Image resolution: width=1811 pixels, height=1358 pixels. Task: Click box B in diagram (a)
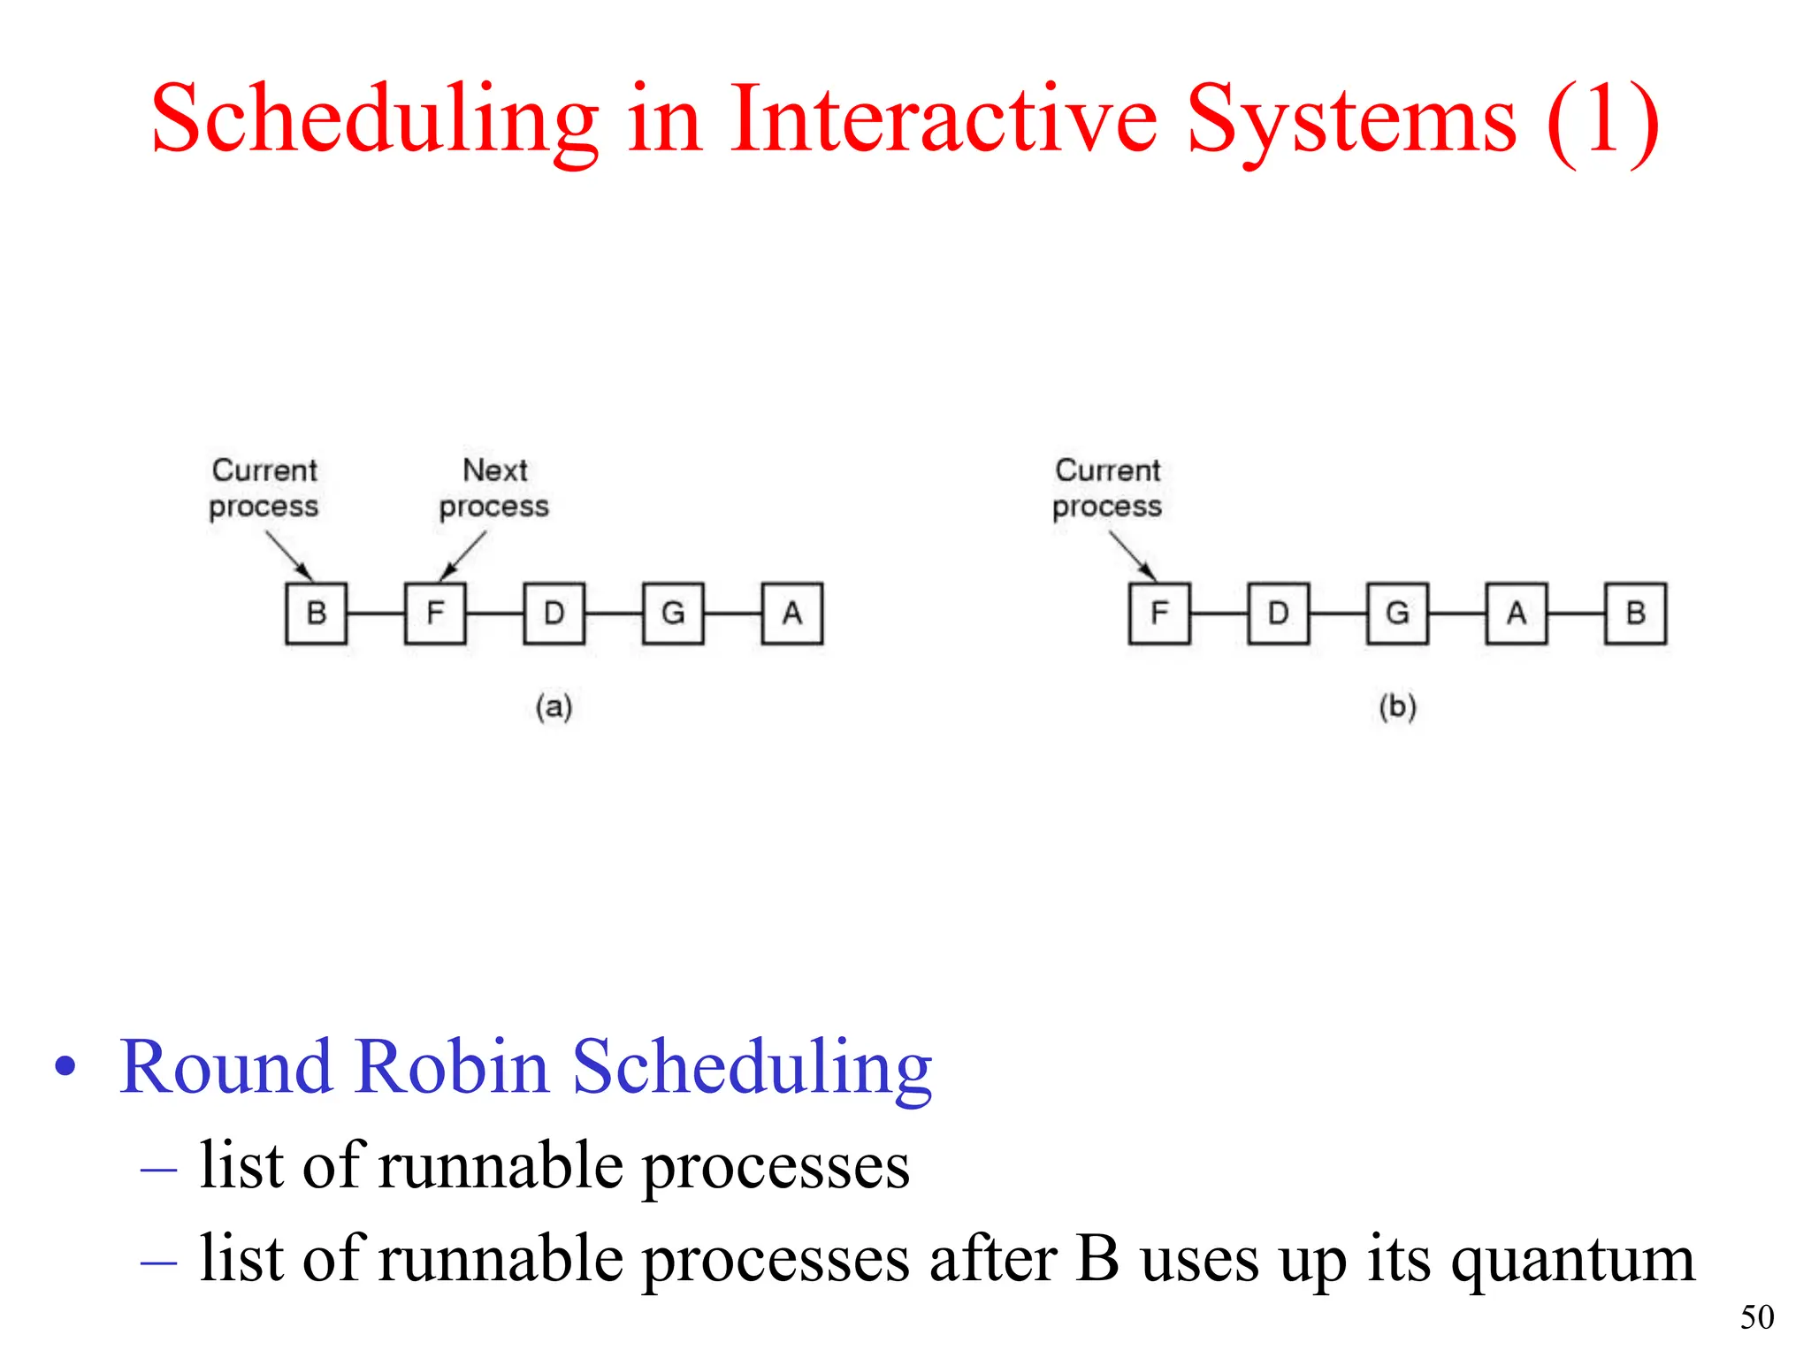(x=316, y=613)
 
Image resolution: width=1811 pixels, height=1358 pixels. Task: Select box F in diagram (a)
(x=435, y=613)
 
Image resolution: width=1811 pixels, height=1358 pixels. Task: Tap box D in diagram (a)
(x=554, y=613)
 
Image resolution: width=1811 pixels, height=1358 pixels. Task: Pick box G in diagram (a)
(x=673, y=613)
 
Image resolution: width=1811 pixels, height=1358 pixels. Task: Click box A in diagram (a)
(x=792, y=613)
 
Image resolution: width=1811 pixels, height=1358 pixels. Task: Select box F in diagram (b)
(x=1159, y=613)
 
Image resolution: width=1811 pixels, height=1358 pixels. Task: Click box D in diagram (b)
(x=1279, y=613)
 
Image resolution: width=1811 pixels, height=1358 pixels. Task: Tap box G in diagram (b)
(x=1397, y=613)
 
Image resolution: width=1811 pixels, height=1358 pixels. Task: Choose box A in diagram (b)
(x=1517, y=613)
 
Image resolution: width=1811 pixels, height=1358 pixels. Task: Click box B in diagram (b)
(x=1636, y=613)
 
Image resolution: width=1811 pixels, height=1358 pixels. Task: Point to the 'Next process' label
(x=494, y=488)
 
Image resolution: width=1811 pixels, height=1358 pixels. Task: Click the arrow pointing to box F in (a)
(x=462, y=556)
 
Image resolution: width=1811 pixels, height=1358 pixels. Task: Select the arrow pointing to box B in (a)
(x=289, y=555)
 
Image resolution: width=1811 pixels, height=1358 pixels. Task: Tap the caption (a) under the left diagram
(x=554, y=706)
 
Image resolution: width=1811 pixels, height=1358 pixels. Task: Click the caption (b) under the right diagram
(x=1398, y=706)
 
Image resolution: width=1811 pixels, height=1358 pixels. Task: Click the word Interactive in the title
(x=944, y=119)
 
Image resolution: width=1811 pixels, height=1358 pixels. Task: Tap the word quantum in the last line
(x=1572, y=1259)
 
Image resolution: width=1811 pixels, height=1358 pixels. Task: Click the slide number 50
(x=1757, y=1317)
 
